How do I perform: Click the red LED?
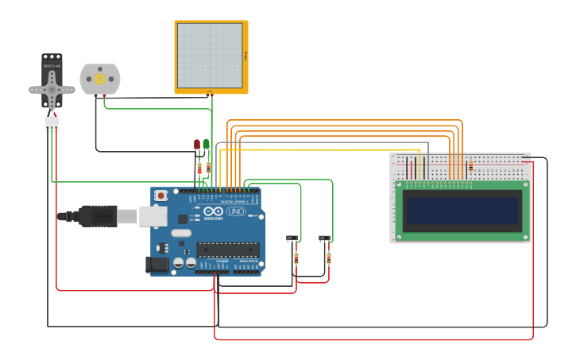pyautogui.click(x=197, y=145)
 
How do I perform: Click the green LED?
pyautogui.click(x=207, y=144)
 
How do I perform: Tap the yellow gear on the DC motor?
pyautogui.click(x=100, y=79)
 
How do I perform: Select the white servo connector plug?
pyautogui.click(x=52, y=124)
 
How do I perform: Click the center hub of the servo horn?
pyautogui.click(x=52, y=88)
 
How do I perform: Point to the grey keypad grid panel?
pyautogui.click(x=210, y=56)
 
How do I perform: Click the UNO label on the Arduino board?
pyautogui.click(x=236, y=211)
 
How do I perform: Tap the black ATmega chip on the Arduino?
pyautogui.click(x=227, y=249)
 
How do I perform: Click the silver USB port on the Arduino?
pyautogui.click(x=153, y=215)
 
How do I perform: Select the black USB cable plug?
pyautogui.click(x=99, y=215)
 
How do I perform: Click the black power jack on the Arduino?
pyautogui.click(x=156, y=265)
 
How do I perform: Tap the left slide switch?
pyautogui.click(x=292, y=238)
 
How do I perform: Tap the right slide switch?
pyautogui.click(x=324, y=238)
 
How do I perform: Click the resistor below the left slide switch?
pyautogui.click(x=296, y=257)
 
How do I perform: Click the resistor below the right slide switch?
pyautogui.click(x=328, y=257)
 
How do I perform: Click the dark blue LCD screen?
pyautogui.click(x=462, y=211)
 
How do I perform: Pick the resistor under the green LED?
pyautogui.click(x=208, y=167)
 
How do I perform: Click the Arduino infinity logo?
pyautogui.click(x=213, y=211)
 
